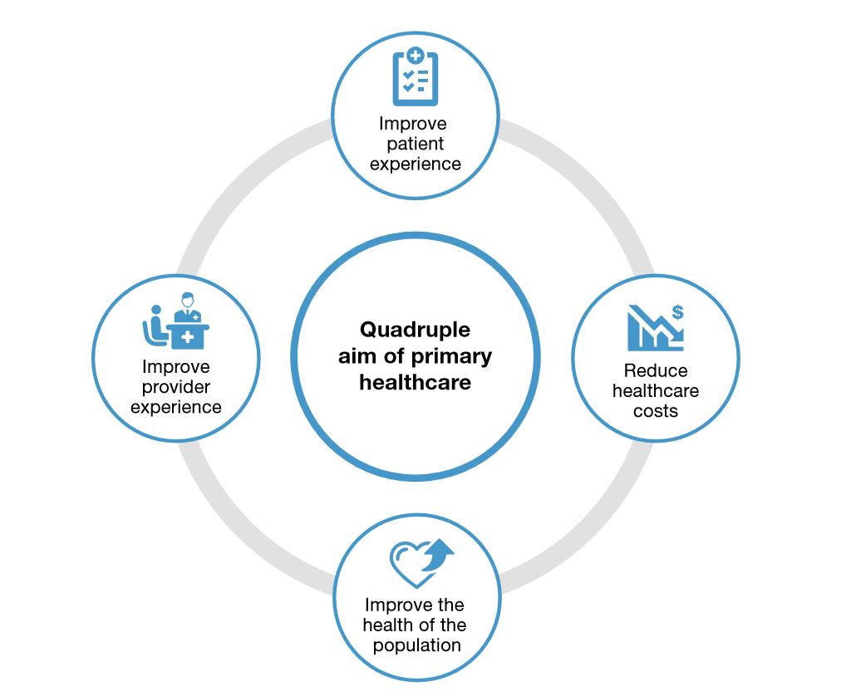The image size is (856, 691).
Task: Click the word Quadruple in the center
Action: coord(415,330)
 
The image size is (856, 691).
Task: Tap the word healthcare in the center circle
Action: coord(415,383)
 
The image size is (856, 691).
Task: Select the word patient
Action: coord(413,144)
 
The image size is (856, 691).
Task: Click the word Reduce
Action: coord(656,370)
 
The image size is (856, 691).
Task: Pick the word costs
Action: coord(656,410)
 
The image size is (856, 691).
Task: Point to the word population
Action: coord(416,645)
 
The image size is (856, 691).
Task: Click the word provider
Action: coord(175,387)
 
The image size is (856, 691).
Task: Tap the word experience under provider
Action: coord(175,407)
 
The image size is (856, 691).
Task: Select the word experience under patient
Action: coord(415,164)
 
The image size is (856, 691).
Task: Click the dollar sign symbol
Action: coord(678,312)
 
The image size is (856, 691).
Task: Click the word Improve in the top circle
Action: coord(413,124)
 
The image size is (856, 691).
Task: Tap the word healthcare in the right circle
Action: coord(656,390)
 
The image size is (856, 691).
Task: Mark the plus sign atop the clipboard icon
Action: coord(416,57)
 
